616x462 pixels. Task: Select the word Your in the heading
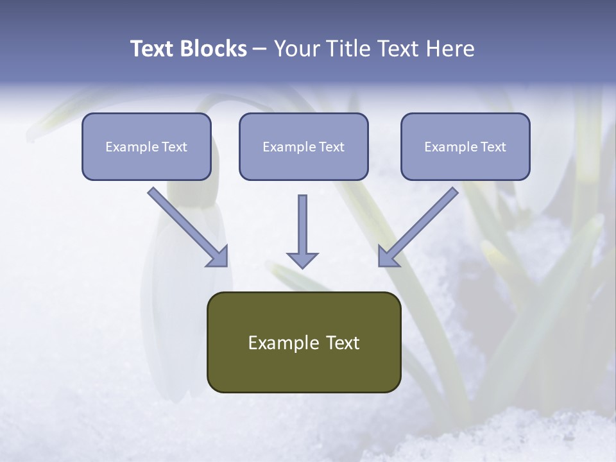point(296,49)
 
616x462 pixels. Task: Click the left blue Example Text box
point(146,146)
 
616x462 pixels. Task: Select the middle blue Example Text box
point(304,146)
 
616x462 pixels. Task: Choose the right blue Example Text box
point(465,146)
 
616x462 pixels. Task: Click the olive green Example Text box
point(304,342)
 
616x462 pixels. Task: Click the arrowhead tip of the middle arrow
point(302,266)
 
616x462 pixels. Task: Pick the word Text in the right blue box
point(493,147)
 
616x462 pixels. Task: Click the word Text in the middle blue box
point(332,147)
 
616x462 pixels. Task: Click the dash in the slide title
point(260,49)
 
